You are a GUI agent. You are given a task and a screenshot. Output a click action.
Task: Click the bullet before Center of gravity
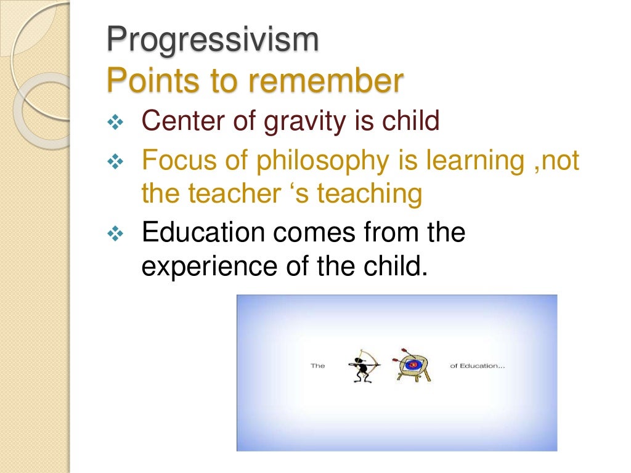coord(115,123)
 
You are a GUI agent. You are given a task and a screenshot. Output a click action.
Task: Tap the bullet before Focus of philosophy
coord(115,163)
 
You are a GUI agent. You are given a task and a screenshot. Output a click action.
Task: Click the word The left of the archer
coord(317,366)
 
